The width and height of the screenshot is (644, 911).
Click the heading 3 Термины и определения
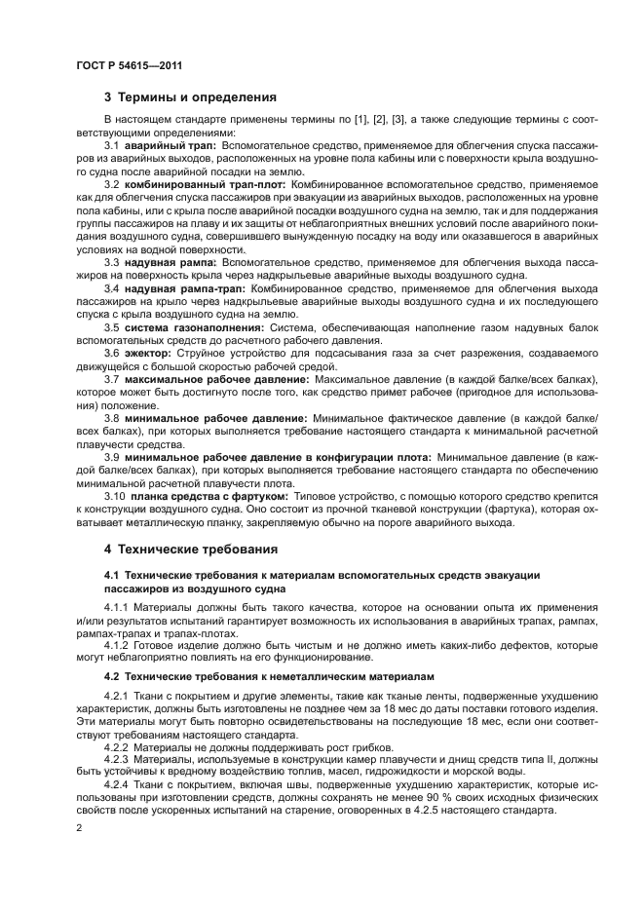point(190,97)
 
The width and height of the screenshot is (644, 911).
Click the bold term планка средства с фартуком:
point(202,496)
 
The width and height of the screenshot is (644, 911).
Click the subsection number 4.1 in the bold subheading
point(112,576)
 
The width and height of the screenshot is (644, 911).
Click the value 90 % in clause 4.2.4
point(423,796)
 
